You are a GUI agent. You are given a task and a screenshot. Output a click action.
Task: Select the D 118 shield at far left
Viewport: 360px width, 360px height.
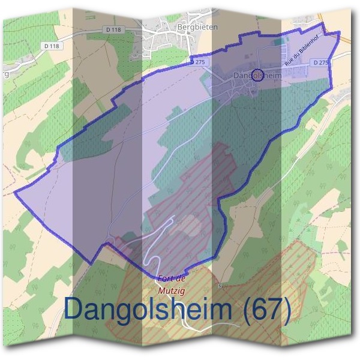[x=53, y=46]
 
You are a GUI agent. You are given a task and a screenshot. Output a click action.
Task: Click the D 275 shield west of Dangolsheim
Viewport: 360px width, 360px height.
[x=197, y=61]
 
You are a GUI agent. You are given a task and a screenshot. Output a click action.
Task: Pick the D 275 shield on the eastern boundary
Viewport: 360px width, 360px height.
[x=322, y=62]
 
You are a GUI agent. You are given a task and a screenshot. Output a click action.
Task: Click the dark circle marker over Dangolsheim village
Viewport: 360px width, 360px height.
[x=257, y=74]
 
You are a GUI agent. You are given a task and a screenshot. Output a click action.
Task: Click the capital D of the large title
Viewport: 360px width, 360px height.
[x=73, y=310]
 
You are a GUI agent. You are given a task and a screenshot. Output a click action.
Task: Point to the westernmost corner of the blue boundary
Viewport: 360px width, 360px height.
[x=14, y=193]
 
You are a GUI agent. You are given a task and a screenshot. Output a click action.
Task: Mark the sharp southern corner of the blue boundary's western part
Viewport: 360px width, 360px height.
[x=92, y=263]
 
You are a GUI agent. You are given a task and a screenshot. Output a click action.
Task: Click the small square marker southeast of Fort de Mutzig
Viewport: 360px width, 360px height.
[x=220, y=286]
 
